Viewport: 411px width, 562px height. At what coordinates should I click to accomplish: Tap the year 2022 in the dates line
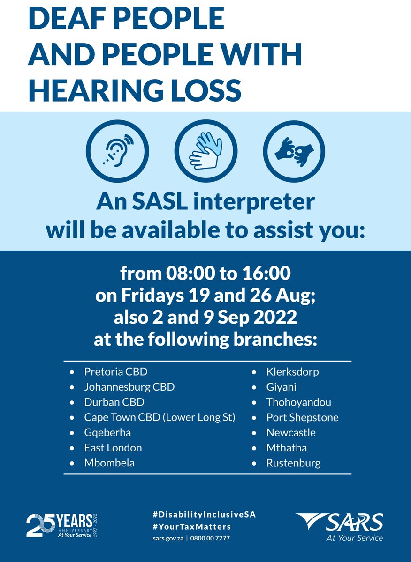tap(275, 318)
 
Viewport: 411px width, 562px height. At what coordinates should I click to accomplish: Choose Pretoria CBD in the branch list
tap(116, 372)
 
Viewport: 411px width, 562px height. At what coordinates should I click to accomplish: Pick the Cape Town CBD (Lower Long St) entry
tap(160, 417)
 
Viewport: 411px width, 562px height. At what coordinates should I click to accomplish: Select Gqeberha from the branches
tap(107, 432)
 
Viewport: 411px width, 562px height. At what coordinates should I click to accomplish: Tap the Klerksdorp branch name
tap(292, 372)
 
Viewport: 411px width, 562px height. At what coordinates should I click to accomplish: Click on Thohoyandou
tap(298, 402)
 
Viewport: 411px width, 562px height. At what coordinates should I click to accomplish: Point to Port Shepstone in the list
tap(302, 417)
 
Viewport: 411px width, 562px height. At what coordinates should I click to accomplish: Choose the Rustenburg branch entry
tap(293, 463)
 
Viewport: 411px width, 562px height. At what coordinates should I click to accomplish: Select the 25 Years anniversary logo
tap(63, 525)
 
